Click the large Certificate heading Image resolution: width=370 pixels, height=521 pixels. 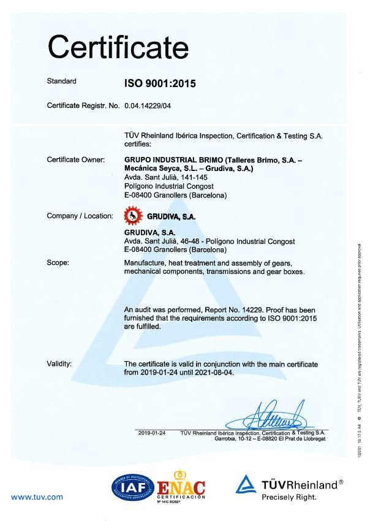click(118, 46)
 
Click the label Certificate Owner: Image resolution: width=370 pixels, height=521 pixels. click(77, 159)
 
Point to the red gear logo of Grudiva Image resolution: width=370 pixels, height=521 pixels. click(132, 216)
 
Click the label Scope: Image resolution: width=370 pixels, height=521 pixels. click(58, 262)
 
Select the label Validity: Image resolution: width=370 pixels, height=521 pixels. click(59, 363)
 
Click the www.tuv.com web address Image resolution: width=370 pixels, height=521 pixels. click(37, 496)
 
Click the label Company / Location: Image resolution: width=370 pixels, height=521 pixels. click(80, 215)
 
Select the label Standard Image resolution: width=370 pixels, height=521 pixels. click(61, 81)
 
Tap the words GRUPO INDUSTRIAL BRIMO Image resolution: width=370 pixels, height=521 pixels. click(173, 159)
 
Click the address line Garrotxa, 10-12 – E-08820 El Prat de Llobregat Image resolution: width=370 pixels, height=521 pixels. click(270, 439)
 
